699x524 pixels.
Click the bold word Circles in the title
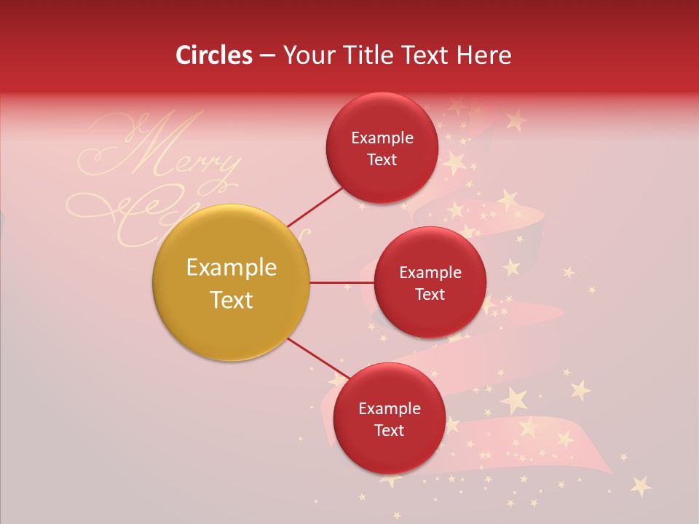pyautogui.click(x=213, y=55)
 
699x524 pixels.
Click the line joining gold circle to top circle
pyautogui.click(x=315, y=206)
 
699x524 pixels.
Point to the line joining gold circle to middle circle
pyautogui.click(x=341, y=282)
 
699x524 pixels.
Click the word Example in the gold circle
pyautogui.click(x=231, y=268)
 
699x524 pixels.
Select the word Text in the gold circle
pyautogui.click(x=231, y=300)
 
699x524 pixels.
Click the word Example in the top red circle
pyautogui.click(x=382, y=138)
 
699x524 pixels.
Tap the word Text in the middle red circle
pyautogui.click(x=430, y=294)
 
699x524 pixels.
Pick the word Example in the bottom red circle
pyautogui.click(x=389, y=408)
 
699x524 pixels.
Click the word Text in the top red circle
pyautogui.click(x=382, y=159)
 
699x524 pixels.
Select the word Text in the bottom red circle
pyautogui.click(x=389, y=430)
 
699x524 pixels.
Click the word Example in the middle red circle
pyautogui.click(x=430, y=273)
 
